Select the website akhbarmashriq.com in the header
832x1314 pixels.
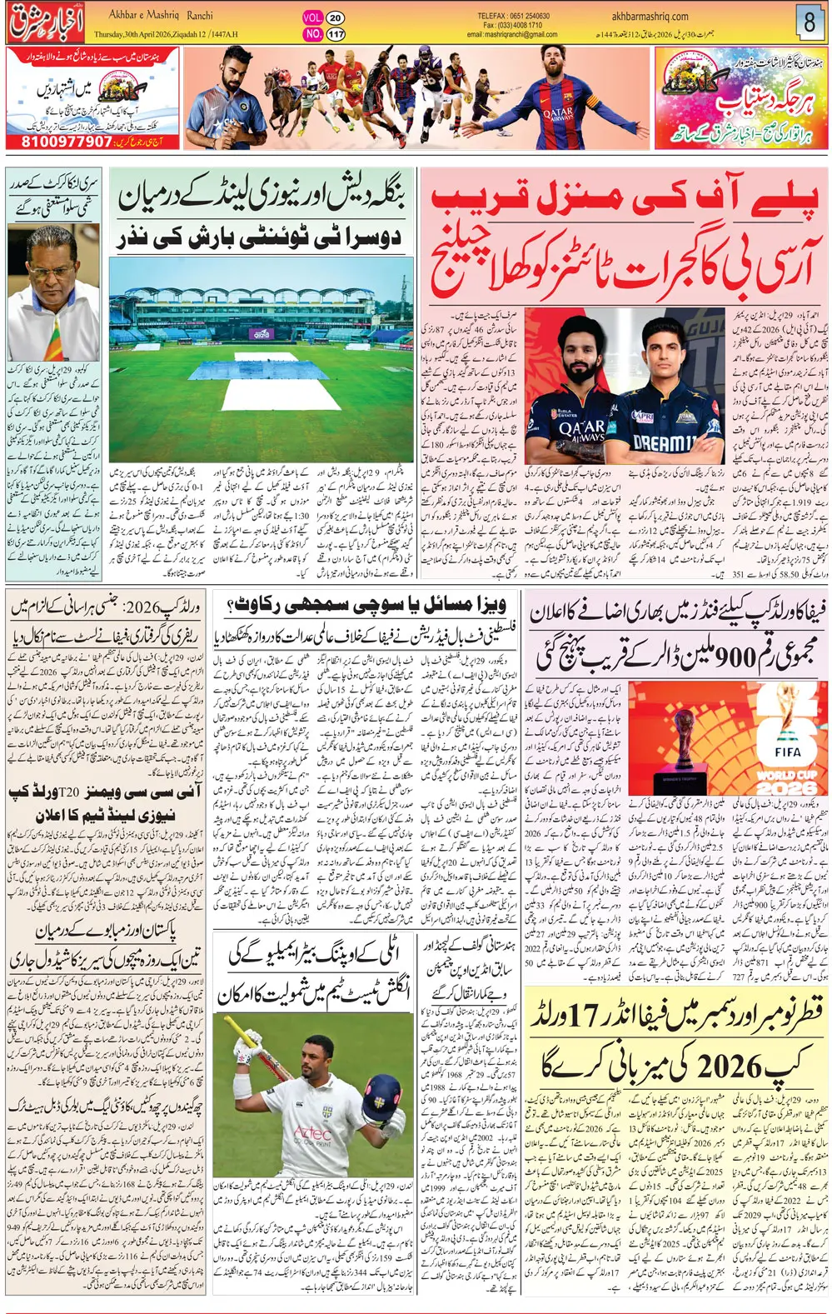coord(650,16)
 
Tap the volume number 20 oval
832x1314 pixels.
coord(335,17)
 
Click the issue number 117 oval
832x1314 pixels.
coord(335,34)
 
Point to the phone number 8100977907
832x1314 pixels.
coord(66,142)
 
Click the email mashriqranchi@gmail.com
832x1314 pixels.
coord(512,35)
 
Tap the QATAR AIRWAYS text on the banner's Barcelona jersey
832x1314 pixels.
coord(557,114)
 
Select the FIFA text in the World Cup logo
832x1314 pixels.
coord(787,752)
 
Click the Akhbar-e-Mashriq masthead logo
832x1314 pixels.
coord(46,22)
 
